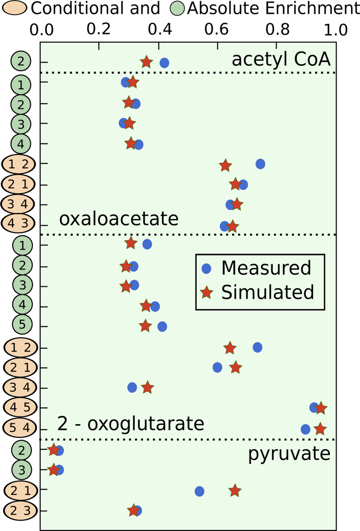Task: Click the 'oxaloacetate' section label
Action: point(118,218)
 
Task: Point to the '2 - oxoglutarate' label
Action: point(131,424)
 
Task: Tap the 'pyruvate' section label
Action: point(289,454)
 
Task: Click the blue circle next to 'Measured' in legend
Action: point(208,269)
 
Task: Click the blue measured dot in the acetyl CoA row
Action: point(164,63)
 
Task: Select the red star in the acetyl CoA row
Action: point(147,62)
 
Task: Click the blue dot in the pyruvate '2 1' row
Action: point(200,491)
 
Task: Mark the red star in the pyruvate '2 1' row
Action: point(235,491)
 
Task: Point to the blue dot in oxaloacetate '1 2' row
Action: point(260,164)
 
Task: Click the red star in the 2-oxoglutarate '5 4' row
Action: point(320,429)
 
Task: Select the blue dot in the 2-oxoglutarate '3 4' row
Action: point(132,388)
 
